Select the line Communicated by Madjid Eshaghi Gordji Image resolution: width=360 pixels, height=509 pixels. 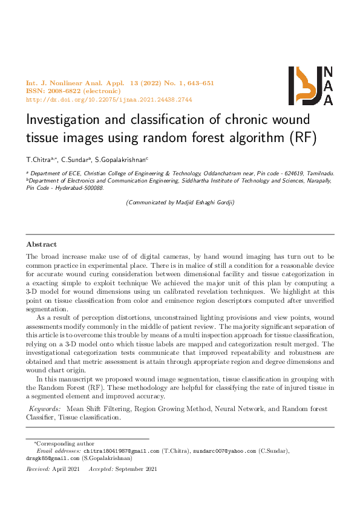pyautogui.click(x=180, y=203)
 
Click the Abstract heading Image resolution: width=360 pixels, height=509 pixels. pyautogui.click(x=41, y=244)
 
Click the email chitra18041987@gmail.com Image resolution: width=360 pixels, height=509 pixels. pyautogui.click(x=121, y=451)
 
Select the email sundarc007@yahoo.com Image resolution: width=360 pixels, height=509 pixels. pyautogui.click(x=223, y=451)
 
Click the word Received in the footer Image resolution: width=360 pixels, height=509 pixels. pyautogui.click(x=38, y=469)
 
